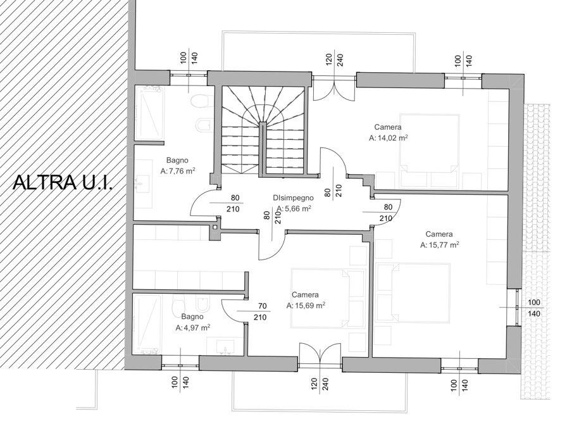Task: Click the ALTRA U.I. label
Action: tap(63, 182)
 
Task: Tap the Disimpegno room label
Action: tap(293, 198)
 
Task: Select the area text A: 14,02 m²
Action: tap(388, 138)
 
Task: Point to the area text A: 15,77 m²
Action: tap(439, 244)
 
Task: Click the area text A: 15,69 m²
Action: tap(306, 306)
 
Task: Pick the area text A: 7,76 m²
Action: tap(178, 171)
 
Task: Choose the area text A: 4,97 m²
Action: tap(193, 328)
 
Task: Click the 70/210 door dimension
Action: tap(260, 311)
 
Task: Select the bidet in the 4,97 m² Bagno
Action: tap(202, 304)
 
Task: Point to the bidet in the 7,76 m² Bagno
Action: tap(204, 125)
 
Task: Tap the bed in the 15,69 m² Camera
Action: tap(320, 298)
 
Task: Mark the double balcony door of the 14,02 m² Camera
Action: tap(334, 88)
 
